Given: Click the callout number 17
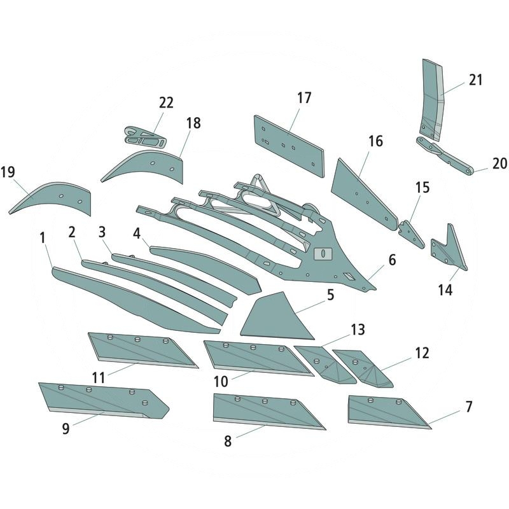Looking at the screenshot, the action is [304, 98].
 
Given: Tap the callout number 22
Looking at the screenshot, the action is [166, 102].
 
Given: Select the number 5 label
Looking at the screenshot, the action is [330, 295].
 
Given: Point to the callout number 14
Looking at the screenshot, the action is [445, 289].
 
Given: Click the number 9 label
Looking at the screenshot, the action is [66, 428].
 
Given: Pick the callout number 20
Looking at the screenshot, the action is [499, 164].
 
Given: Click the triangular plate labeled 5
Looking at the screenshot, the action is [277, 317].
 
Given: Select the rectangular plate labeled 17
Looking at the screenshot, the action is [289, 146].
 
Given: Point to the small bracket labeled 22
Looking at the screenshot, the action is [145, 137].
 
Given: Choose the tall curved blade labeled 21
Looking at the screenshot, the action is [431, 101].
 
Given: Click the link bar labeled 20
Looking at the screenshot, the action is [445, 156].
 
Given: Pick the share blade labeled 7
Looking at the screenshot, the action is [388, 412].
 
